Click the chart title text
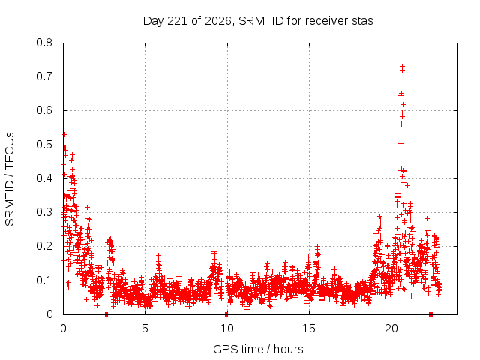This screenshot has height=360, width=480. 258,21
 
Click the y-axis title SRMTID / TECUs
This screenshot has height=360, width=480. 10,179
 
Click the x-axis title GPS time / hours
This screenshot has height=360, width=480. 258,349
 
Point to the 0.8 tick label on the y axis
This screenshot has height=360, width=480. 44,43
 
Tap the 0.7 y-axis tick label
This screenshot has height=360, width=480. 44,76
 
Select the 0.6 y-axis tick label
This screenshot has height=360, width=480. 44,110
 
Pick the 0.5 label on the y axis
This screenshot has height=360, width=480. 44,145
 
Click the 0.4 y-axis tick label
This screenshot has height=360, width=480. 44,178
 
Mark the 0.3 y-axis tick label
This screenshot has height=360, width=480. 44,212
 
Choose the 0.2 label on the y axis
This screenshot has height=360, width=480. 44,246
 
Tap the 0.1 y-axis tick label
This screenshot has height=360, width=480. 44,280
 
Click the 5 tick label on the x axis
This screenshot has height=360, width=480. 145,328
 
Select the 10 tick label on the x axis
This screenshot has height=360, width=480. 227,328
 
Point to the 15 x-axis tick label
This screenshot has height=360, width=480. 309,328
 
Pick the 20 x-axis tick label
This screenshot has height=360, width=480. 391,328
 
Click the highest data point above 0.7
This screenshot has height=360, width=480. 402,66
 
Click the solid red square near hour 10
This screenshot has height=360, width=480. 226,314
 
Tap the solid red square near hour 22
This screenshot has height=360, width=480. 430,314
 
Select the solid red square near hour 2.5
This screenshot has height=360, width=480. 106,314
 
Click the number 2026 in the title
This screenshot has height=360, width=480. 217,21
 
